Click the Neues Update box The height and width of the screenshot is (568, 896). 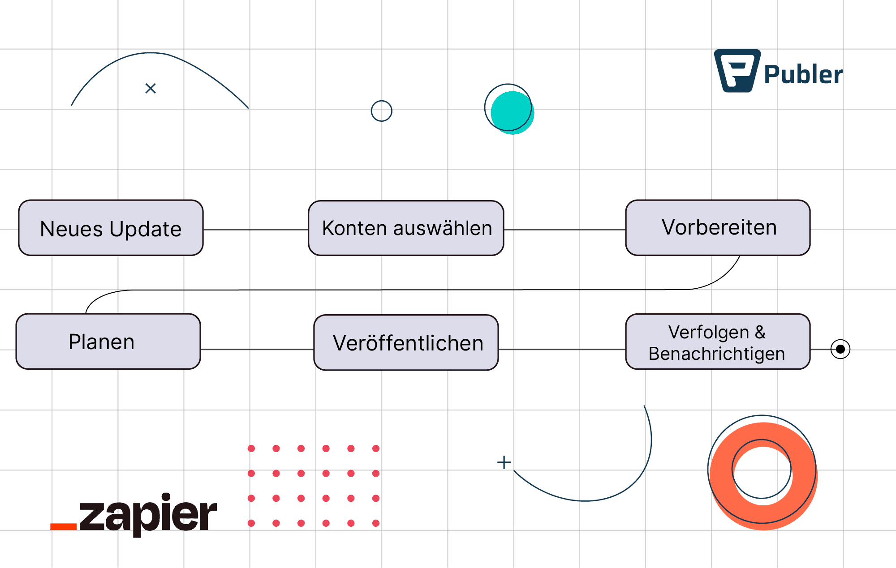[111, 228]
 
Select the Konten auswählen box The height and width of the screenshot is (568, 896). [406, 228]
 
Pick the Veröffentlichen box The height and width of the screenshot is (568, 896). [406, 343]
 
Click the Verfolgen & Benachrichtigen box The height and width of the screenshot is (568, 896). [718, 342]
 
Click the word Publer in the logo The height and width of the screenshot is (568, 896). [803, 75]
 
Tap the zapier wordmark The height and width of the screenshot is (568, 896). [148, 515]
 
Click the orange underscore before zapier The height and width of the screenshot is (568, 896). [64, 527]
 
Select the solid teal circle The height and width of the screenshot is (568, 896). [512, 112]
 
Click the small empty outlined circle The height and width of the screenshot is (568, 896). [381, 111]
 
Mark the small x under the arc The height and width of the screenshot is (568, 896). [151, 89]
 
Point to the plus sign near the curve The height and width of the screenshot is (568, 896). [504, 462]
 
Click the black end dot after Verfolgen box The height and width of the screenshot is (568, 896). [840, 349]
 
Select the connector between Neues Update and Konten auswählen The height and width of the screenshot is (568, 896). [255, 230]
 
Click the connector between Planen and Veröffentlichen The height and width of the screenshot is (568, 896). [257, 349]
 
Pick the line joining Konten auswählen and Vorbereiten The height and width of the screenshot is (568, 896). [564, 230]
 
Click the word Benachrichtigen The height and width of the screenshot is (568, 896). [716, 354]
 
